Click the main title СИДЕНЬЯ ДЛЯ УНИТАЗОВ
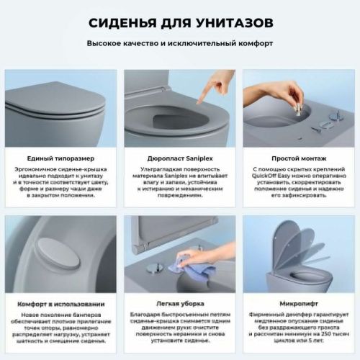click(x=180, y=22)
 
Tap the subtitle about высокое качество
click(x=180, y=43)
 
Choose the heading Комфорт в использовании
click(x=57, y=303)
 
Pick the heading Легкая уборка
click(x=180, y=303)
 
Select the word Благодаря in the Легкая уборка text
click(x=149, y=315)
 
